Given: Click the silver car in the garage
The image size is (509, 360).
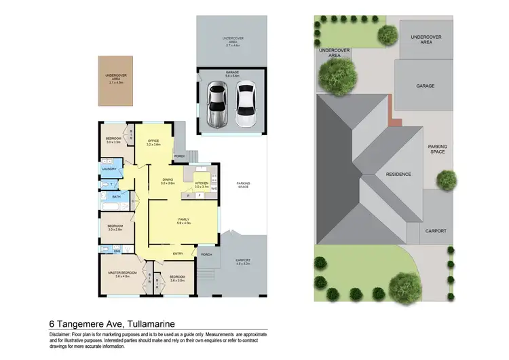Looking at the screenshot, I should click(x=218, y=104).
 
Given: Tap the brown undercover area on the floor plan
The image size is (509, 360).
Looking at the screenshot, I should click(x=116, y=81).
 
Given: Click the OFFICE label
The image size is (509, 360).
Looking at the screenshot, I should click(x=153, y=141).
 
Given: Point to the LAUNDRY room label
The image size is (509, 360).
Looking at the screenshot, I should click(x=109, y=169).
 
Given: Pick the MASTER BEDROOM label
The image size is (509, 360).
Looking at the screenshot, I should click(x=122, y=272).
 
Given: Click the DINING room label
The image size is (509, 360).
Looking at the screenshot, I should click(x=168, y=180).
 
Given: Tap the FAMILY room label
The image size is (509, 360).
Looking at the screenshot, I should click(x=183, y=219).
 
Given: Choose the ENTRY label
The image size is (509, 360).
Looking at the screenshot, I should click(x=178, y=254).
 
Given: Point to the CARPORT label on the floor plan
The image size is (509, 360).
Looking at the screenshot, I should click(x=242, y=259).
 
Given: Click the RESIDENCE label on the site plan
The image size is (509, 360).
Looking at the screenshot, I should click(x=398, y=174).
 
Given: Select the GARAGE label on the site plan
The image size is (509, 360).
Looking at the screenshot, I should click(x=425, y=86).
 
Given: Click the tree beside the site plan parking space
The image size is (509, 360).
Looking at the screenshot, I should click(x=446, y=179).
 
